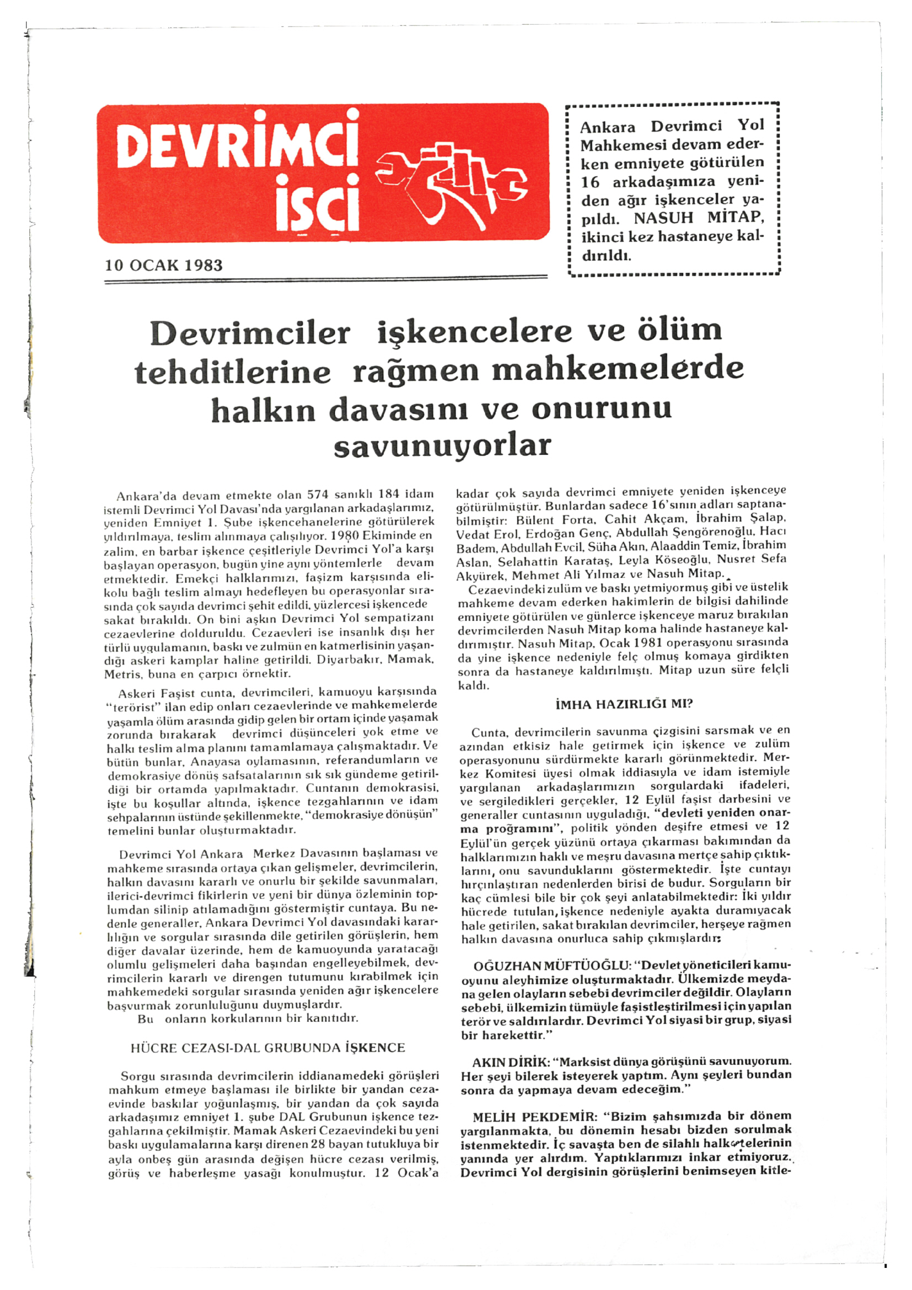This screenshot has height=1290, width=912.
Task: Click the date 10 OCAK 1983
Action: click(163, 265)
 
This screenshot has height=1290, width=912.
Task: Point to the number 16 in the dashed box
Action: click(590, 181)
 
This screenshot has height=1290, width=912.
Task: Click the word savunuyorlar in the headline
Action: click(442, 446)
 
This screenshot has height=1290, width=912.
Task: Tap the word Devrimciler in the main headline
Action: click(250, 333)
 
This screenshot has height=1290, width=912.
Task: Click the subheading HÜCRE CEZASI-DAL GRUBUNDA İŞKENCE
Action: click(268, 1048)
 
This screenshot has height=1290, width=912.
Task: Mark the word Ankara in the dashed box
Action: click(608, 127)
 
